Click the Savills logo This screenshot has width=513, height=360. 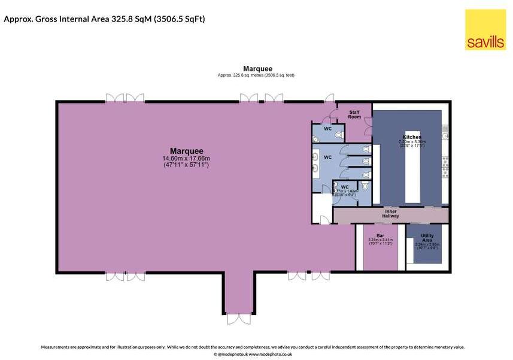click(x=485, y=29)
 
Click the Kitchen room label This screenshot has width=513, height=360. click(x=412, y=137)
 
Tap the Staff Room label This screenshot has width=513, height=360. click(x=354, y=114)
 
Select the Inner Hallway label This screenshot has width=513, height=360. click(x=391, y=213)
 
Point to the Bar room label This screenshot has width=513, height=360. click(x=380, y=235)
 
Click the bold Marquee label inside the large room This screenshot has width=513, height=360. click(x=186, y=151)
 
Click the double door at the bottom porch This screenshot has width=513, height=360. click(x=235, y=318)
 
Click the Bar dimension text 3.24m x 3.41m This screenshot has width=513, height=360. click(x=380, y=241)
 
